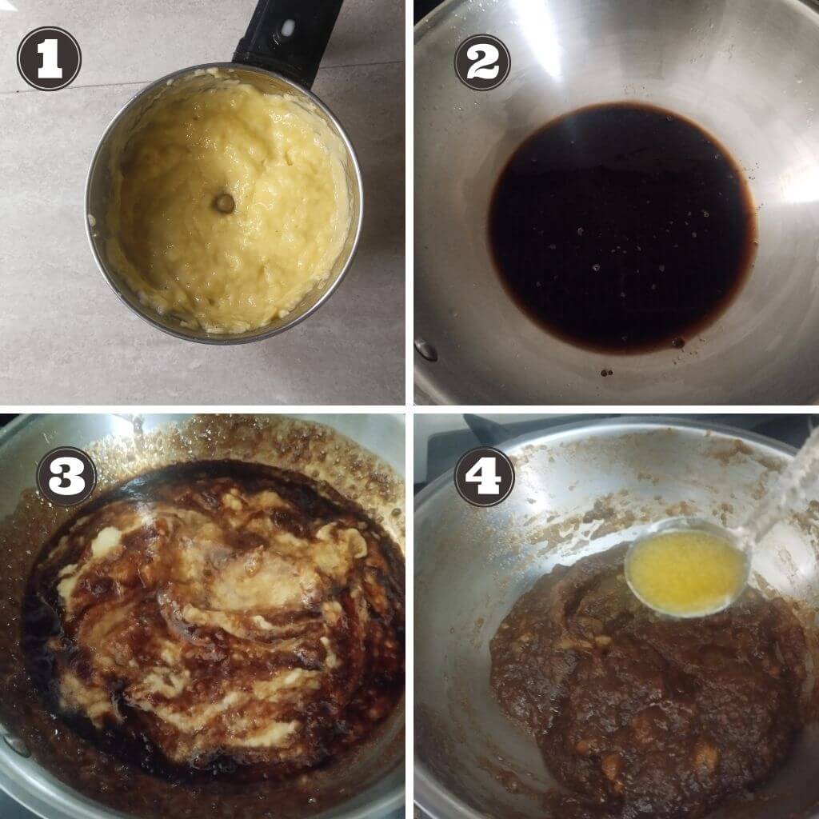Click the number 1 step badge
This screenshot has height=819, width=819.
click(x=49, y=58)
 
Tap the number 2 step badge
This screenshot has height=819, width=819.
click(x=482, y=62)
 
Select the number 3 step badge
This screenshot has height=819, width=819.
click(x=66, y=476)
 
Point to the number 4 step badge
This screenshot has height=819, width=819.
click(x=484, y=477)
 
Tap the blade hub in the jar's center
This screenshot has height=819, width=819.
click(x=225, y=203)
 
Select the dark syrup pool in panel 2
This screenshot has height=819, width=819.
click(x=621, y=227)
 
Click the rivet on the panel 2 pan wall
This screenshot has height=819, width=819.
click(x=426, y=350)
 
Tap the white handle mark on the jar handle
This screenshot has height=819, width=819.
click(x=287, y=27)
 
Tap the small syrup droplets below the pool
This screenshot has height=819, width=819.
click(x=606, y=373)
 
